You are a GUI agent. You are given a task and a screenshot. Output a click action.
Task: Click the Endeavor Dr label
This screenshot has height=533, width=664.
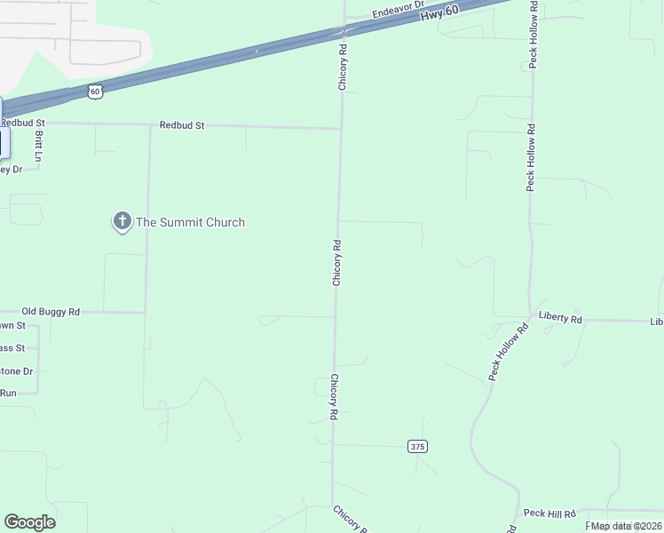399,13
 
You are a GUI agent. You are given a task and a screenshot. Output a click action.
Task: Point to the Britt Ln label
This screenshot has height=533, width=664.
38,145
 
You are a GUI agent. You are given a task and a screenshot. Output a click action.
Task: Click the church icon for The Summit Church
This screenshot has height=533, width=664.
122,221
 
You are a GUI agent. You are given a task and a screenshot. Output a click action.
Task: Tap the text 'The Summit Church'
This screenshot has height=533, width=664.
189,222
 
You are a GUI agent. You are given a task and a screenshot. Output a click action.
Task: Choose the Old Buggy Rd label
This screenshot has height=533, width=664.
51,312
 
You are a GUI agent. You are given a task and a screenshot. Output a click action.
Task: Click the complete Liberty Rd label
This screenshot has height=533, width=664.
560,318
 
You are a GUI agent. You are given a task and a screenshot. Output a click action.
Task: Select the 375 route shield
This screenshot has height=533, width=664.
418,447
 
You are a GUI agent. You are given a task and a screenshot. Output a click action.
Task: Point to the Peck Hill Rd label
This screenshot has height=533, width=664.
549,513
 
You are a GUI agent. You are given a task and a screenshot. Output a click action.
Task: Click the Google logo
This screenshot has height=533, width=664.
29,522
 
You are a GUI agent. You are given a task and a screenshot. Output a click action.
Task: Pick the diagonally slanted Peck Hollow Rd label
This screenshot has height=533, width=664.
508,354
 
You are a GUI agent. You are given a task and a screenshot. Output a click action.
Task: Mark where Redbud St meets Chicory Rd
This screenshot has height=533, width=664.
341,129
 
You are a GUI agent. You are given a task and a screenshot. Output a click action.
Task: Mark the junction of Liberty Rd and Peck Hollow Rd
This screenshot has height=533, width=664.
531,316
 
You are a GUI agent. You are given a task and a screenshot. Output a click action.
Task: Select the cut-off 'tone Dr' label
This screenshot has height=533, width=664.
17,371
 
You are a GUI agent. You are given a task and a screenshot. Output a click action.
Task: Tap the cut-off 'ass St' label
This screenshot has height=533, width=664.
12,348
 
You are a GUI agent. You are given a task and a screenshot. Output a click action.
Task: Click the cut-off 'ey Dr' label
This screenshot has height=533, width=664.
11,169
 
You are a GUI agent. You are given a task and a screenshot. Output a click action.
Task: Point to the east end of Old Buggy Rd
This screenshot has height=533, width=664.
146,312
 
